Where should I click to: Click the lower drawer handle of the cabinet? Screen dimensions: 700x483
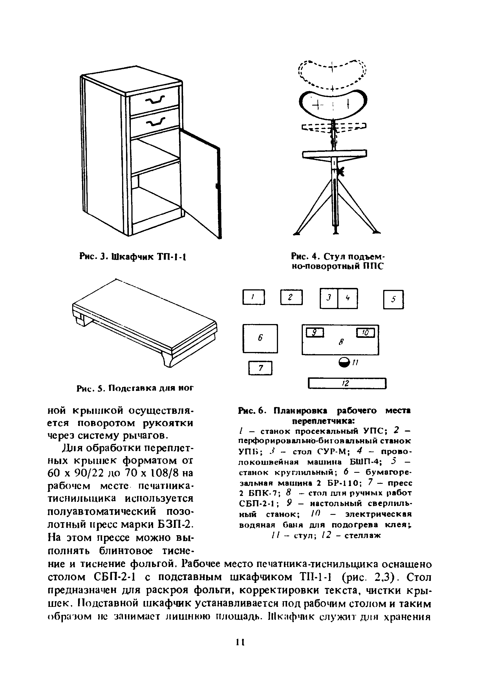tap(156, 122)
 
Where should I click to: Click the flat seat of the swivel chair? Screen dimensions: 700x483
tap(334, 153)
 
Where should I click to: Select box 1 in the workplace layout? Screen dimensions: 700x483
tap(253, 297)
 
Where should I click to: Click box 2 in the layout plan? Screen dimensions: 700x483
tap(291, 297)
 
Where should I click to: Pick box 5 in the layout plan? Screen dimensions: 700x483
tap(393, 299)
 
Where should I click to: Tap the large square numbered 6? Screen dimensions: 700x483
tap(260, 338)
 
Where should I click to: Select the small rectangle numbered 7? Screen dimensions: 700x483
tap(260, 368)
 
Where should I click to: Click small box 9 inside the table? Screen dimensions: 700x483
tap(315, 333)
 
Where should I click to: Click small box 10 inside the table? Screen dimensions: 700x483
tap(366, 333)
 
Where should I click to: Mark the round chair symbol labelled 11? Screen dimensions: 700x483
tap(344, 362)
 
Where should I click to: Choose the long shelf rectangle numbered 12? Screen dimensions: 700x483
tap(347, 383)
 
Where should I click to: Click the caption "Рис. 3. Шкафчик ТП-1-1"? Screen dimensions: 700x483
tap(133, 257)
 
